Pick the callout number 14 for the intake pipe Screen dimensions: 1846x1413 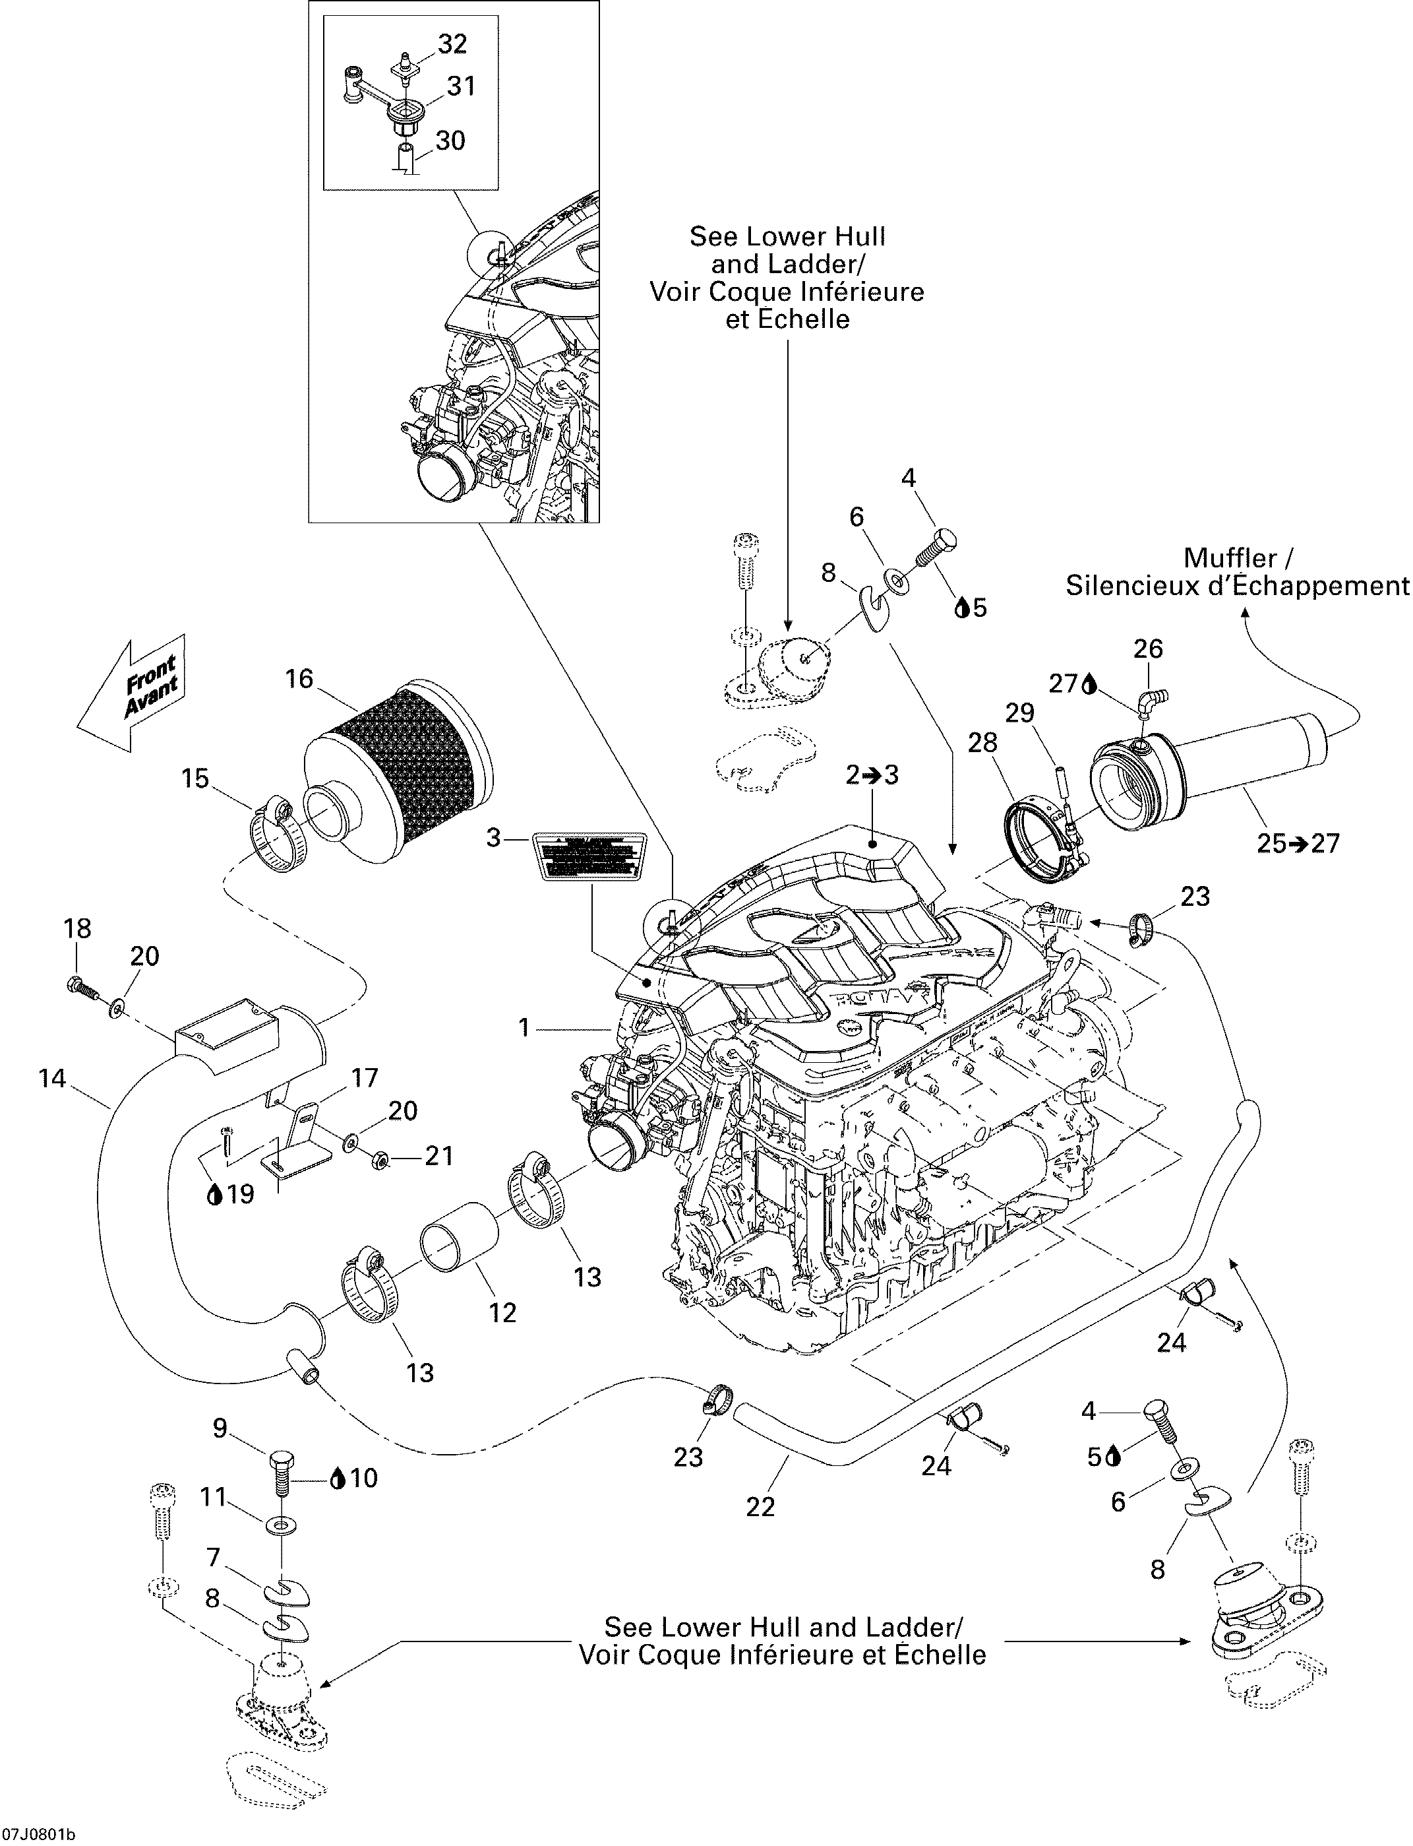click(x=52, y=1078)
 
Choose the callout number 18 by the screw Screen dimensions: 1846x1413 click(x=77, y=928)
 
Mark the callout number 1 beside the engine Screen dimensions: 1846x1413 click(x=524, y=1027)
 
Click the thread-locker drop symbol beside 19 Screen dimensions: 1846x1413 click(x=214, y=1194)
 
